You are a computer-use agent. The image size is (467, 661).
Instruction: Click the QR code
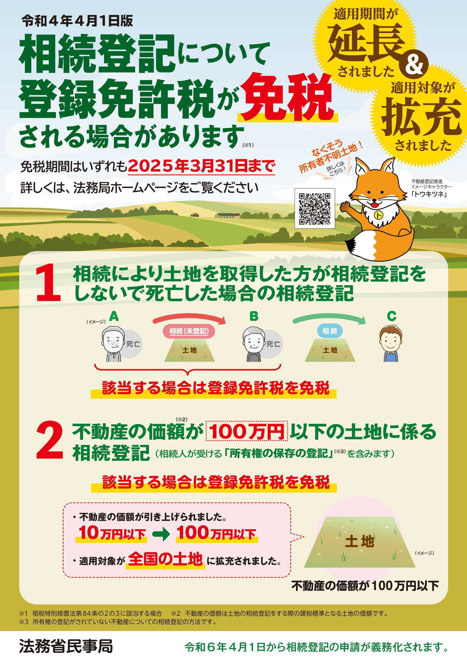pyautogui.click(x=314, y=209)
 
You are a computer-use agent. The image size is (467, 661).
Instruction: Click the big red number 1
pyautogui.click(x=49, y=284)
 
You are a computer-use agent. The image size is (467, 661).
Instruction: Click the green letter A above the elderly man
pyautogui.click(x=114, y=316)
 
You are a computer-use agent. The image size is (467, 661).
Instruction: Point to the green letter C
pyautogui.click(x=391, y=316)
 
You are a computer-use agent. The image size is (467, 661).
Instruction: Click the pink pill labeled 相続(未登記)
pyautogui.click(x=189, y=331)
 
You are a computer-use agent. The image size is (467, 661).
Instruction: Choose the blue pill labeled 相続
pyautogui.click(x=330, y=331)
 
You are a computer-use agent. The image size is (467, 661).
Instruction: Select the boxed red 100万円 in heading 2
pyautogui.click(x=247, y=431)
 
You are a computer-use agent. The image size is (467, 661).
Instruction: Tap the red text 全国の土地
pyautogui.click(x=165, y=559)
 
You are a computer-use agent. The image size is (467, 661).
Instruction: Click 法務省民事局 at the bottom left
pyautogui.click(x=66, y=646)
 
